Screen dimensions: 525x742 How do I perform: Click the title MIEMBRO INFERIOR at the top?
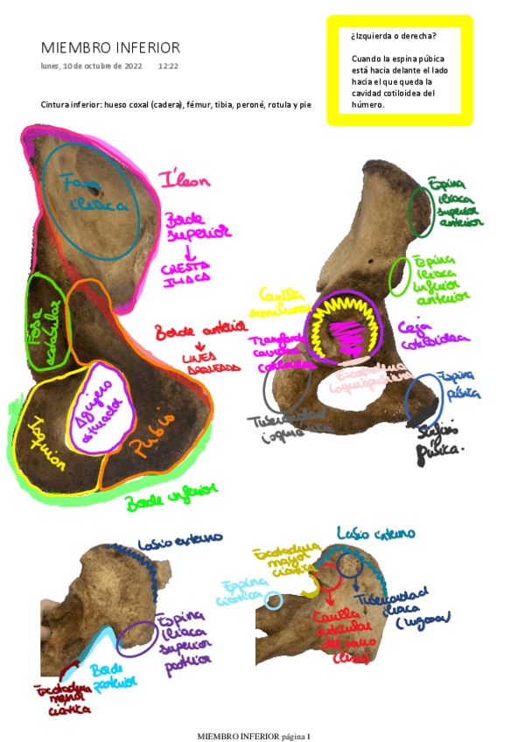110,48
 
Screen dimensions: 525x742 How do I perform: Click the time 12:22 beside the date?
168,66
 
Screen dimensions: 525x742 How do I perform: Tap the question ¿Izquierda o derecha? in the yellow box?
393,36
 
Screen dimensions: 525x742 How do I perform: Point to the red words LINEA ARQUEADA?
210,362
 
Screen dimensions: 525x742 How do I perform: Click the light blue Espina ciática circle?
274,600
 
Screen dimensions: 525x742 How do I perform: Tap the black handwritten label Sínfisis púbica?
442,437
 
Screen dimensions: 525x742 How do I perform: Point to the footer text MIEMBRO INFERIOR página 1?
254,736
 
